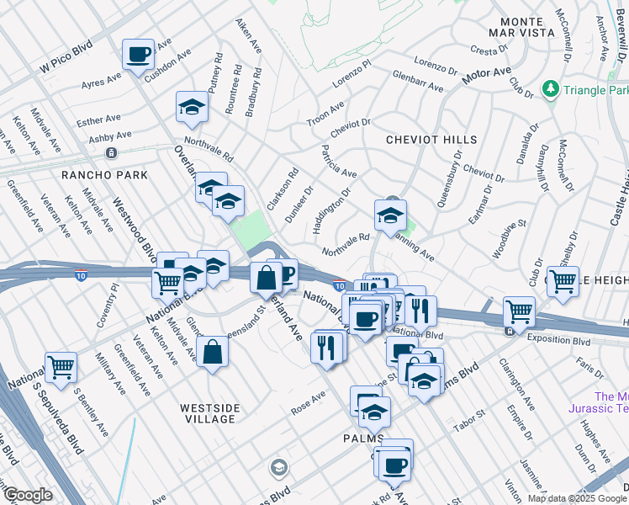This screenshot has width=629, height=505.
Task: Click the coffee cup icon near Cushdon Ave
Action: point(138,56)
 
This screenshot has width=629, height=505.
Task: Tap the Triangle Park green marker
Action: point(551,88)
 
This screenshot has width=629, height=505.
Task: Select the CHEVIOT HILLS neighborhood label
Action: point(431,140)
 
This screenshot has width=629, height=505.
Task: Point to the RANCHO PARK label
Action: point(104,175)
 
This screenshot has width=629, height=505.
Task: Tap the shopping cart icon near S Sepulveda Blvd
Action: point(61,366)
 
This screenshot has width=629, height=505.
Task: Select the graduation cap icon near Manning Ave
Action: point(390,215)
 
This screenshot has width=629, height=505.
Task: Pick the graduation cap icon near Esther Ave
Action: point(192,107)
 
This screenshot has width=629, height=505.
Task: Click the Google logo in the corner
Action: point(28,495)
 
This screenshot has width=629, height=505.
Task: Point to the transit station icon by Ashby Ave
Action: point(110,153)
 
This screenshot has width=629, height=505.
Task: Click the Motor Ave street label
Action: point(486,77)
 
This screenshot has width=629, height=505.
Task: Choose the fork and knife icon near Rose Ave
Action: point(326,346)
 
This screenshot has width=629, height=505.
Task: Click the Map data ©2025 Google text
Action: point(576,498)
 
